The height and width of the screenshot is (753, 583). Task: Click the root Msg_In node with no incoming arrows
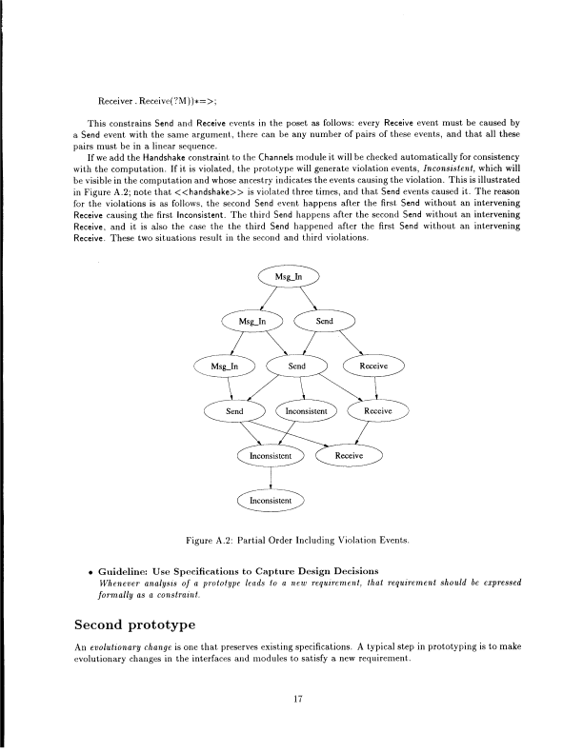tap(290, 279)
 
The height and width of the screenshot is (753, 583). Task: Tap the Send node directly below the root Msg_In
tap(325, 322)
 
